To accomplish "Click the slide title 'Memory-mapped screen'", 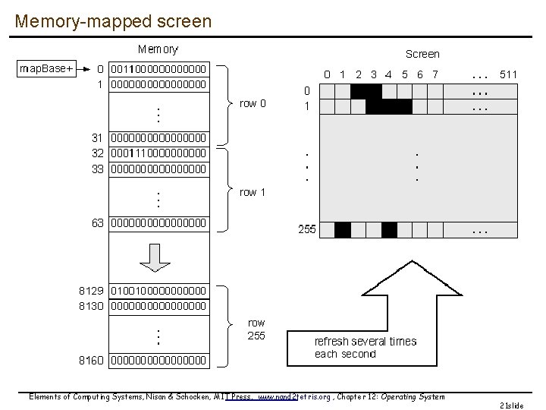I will tap(113, 20).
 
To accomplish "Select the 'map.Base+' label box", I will tap(46, 69).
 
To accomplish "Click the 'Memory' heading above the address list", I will tap(158, 49).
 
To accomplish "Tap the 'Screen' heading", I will tap(422, 53).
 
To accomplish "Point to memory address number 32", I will tap(97, 153).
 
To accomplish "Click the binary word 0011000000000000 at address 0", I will tap(158, 69).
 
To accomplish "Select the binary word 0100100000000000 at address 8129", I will tap(158, 289).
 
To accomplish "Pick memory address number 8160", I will tap(91, 359).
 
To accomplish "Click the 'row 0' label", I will tap(253, 103).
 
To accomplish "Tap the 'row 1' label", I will tap(253, 192).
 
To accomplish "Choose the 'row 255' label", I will tap(256, 330).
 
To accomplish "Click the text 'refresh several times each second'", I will tap(365, 348).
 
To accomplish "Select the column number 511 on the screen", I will tap(508, 74).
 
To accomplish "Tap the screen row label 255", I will tap(306, 229).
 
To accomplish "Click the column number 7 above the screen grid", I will tap(435, 74).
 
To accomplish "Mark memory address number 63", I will tap(97, 223).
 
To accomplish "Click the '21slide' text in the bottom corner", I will tap(512, 405).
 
